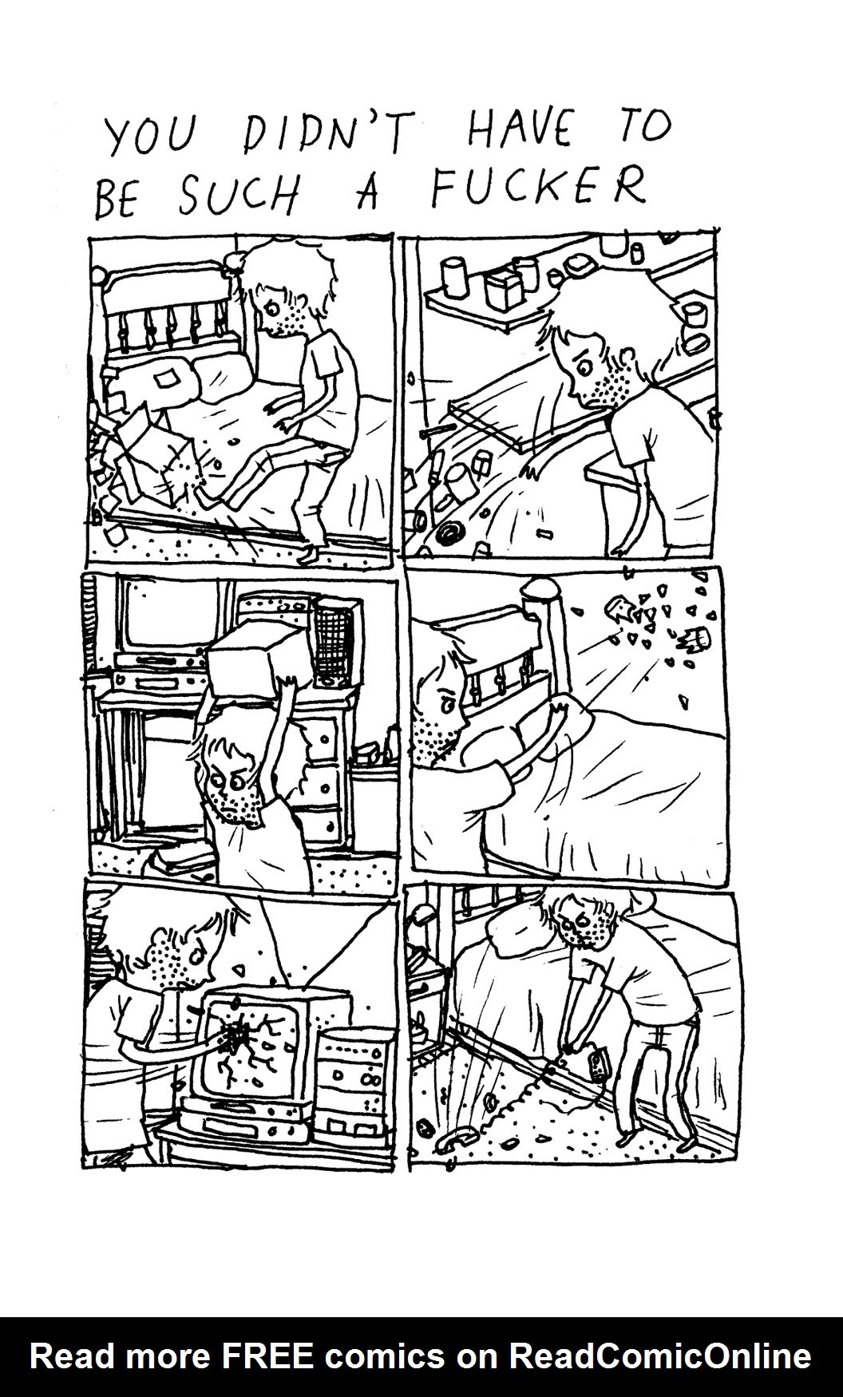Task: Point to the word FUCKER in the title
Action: pos(538,188)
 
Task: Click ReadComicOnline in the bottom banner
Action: pos(662,1356)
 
